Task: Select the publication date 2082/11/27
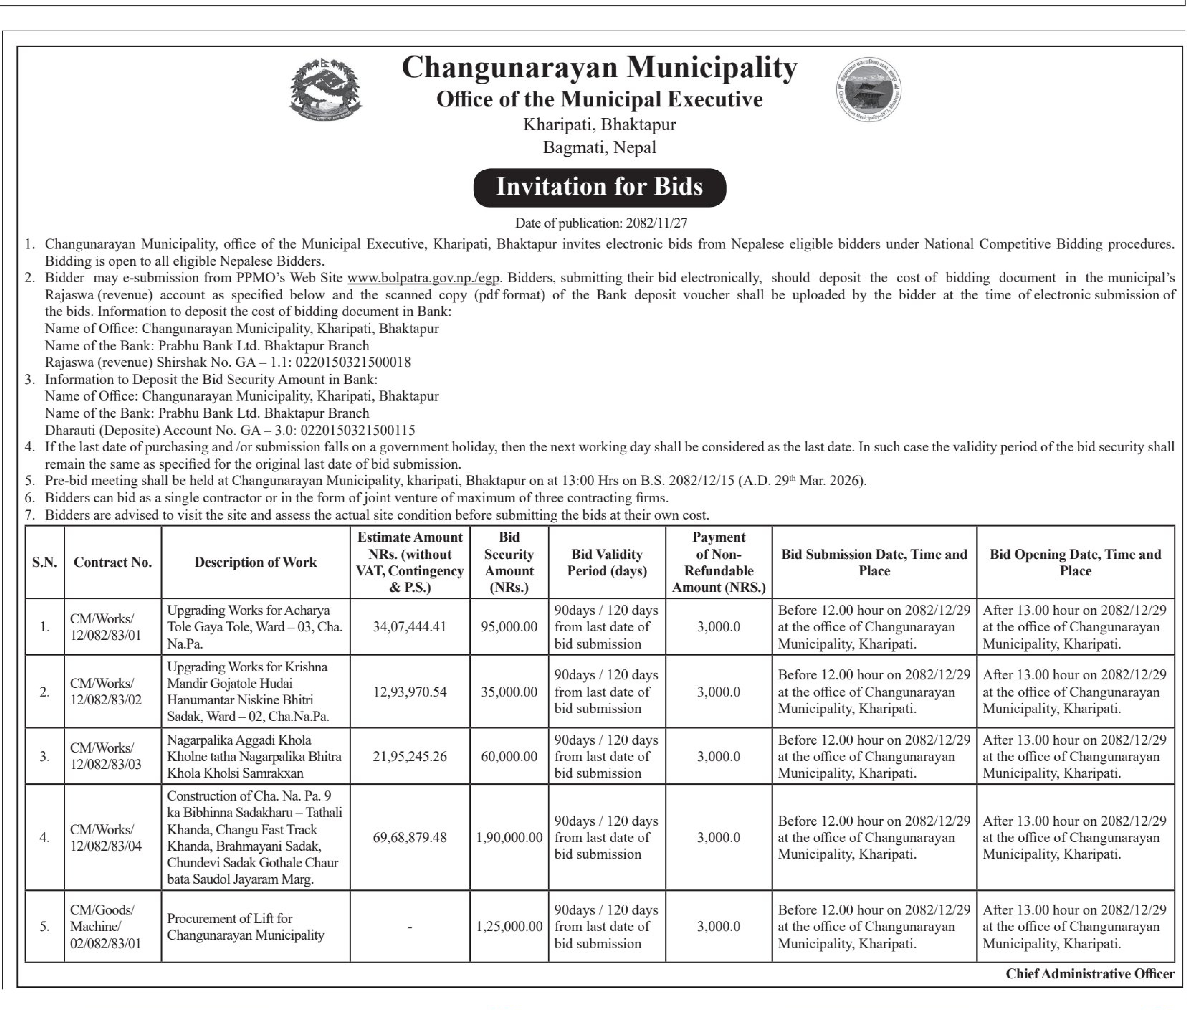click(x=656, y=223)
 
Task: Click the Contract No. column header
click(x=113, y=562)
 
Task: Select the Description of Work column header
click(x=255, y=562)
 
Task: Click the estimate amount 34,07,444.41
click(x=409, y=627)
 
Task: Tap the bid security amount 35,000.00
click(x=509, y=692)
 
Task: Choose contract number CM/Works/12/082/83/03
click(x=106, y=756)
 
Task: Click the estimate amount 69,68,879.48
click(x=409, y=838)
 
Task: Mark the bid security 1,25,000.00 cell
click(x=509, y=926)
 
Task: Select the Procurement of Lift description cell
click(x=245, y=926)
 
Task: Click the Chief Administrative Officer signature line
click(x=1090, y=974)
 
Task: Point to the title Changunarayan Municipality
click(x=599, y=68)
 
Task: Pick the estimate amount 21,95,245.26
click(x=409, y=756)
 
